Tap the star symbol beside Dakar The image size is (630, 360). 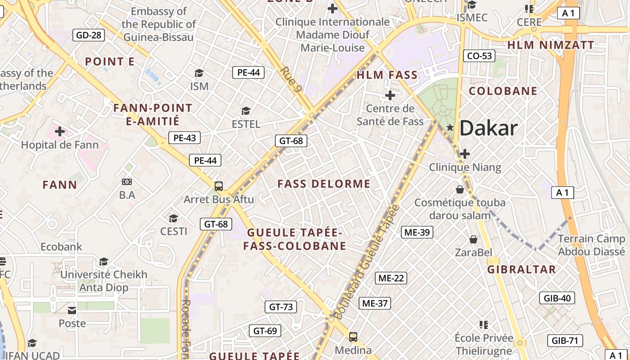[x=450, y=128]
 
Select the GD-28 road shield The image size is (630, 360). [x=89, y=35]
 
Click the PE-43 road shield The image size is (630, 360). [x=184, y=138]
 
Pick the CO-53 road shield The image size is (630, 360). [x=479, y=56]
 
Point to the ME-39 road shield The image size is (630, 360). [x=417, y=232]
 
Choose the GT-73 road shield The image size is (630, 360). [x=281, y=307]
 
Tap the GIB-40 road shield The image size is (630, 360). [x=557, y=298]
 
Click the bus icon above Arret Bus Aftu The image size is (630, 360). [x=219, y=186]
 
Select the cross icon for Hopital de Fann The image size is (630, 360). [x=60, y=131]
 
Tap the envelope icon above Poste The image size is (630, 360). [x=72, y=310]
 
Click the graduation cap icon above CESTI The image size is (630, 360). [x=173, y=219]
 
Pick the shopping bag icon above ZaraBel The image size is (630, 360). [x=473, y=239]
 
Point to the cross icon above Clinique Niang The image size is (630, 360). [x=465, y=154]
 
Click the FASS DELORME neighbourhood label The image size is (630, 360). [x=324, y=184]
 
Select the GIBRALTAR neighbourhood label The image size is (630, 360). [x=522, y=270]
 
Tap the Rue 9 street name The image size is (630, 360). [x=290, y=80]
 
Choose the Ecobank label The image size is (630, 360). [x=62, y=247]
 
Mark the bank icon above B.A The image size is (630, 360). [x=127, y=182]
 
